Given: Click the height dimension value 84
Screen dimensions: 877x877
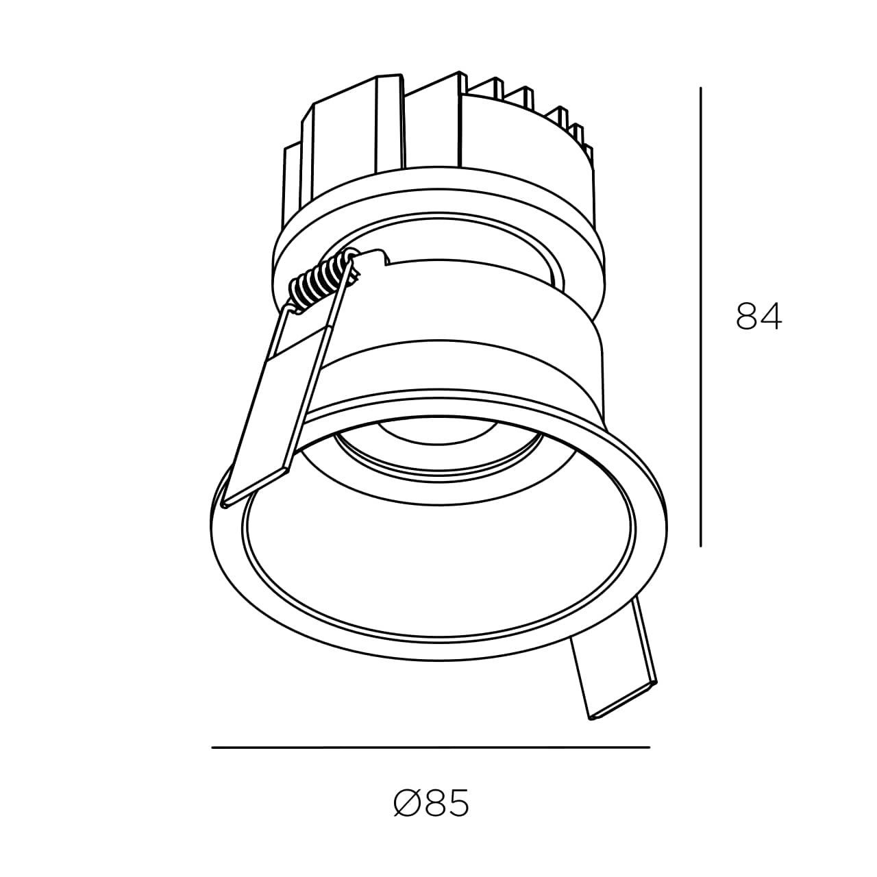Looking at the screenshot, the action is [x=758, y=316].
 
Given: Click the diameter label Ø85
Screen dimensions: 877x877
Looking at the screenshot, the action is [x=430, y=803].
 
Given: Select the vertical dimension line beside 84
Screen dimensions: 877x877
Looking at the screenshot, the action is [x=700, y=317].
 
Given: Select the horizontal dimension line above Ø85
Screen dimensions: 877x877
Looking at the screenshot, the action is [x=430, y=748].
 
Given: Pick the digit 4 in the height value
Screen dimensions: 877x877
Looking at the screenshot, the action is [x=772, y=316].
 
